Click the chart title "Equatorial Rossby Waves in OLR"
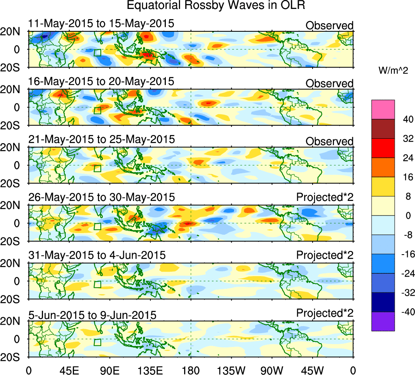[215, 6]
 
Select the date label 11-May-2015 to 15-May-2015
[101, 24]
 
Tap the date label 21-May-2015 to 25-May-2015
[101, 140]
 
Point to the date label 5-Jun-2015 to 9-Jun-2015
[92, 315]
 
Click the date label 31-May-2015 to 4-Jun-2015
[97, 255]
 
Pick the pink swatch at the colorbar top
[383, 109]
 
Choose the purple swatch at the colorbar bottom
[383, 321]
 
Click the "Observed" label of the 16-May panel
[329, 84]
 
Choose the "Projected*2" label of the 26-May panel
[325, 197]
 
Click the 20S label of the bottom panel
[13, 357]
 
